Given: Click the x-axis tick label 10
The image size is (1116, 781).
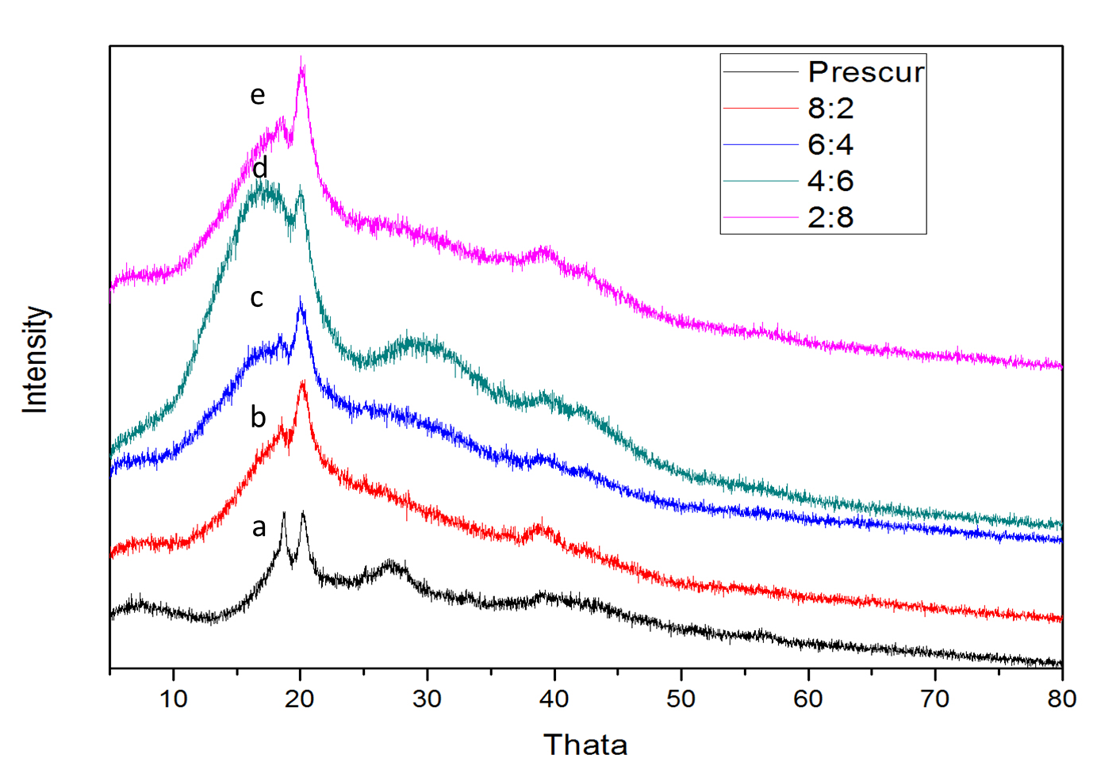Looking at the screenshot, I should [173, 699].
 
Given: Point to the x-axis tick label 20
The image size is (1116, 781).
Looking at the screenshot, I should [300, 699].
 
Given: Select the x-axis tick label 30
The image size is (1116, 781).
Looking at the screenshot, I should [427, 699].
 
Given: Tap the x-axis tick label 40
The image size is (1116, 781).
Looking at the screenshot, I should [554, 699].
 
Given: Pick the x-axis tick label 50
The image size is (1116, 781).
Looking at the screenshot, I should [681, 699].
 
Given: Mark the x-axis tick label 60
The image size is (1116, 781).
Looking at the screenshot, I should [808, 699].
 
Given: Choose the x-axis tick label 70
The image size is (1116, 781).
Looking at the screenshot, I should [935, 699].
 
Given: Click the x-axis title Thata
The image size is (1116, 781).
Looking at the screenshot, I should [585, 745].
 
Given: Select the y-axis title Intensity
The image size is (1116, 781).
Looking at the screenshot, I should [36, 359].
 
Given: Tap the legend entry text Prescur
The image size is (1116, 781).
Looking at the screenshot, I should [866, 72].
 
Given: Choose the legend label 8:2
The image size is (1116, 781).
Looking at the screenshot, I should [830, 108].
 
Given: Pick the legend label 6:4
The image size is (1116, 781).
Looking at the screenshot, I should [830, 144].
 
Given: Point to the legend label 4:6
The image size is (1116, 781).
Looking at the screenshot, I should [830, 181].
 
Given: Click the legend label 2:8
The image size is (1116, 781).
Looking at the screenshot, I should [830, 217].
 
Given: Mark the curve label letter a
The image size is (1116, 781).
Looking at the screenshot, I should [259, 527].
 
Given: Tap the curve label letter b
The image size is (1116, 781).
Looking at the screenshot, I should [258, 417].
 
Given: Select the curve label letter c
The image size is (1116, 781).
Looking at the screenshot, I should [257, 298].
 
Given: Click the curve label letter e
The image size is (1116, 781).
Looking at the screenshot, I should [257, 95].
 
